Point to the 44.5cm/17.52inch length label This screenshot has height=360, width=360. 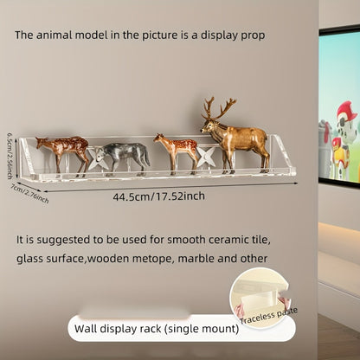158,196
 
